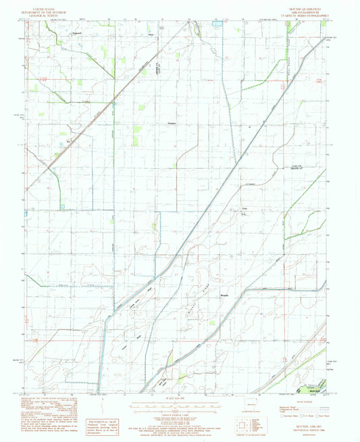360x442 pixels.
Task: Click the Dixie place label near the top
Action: point(151,33)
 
